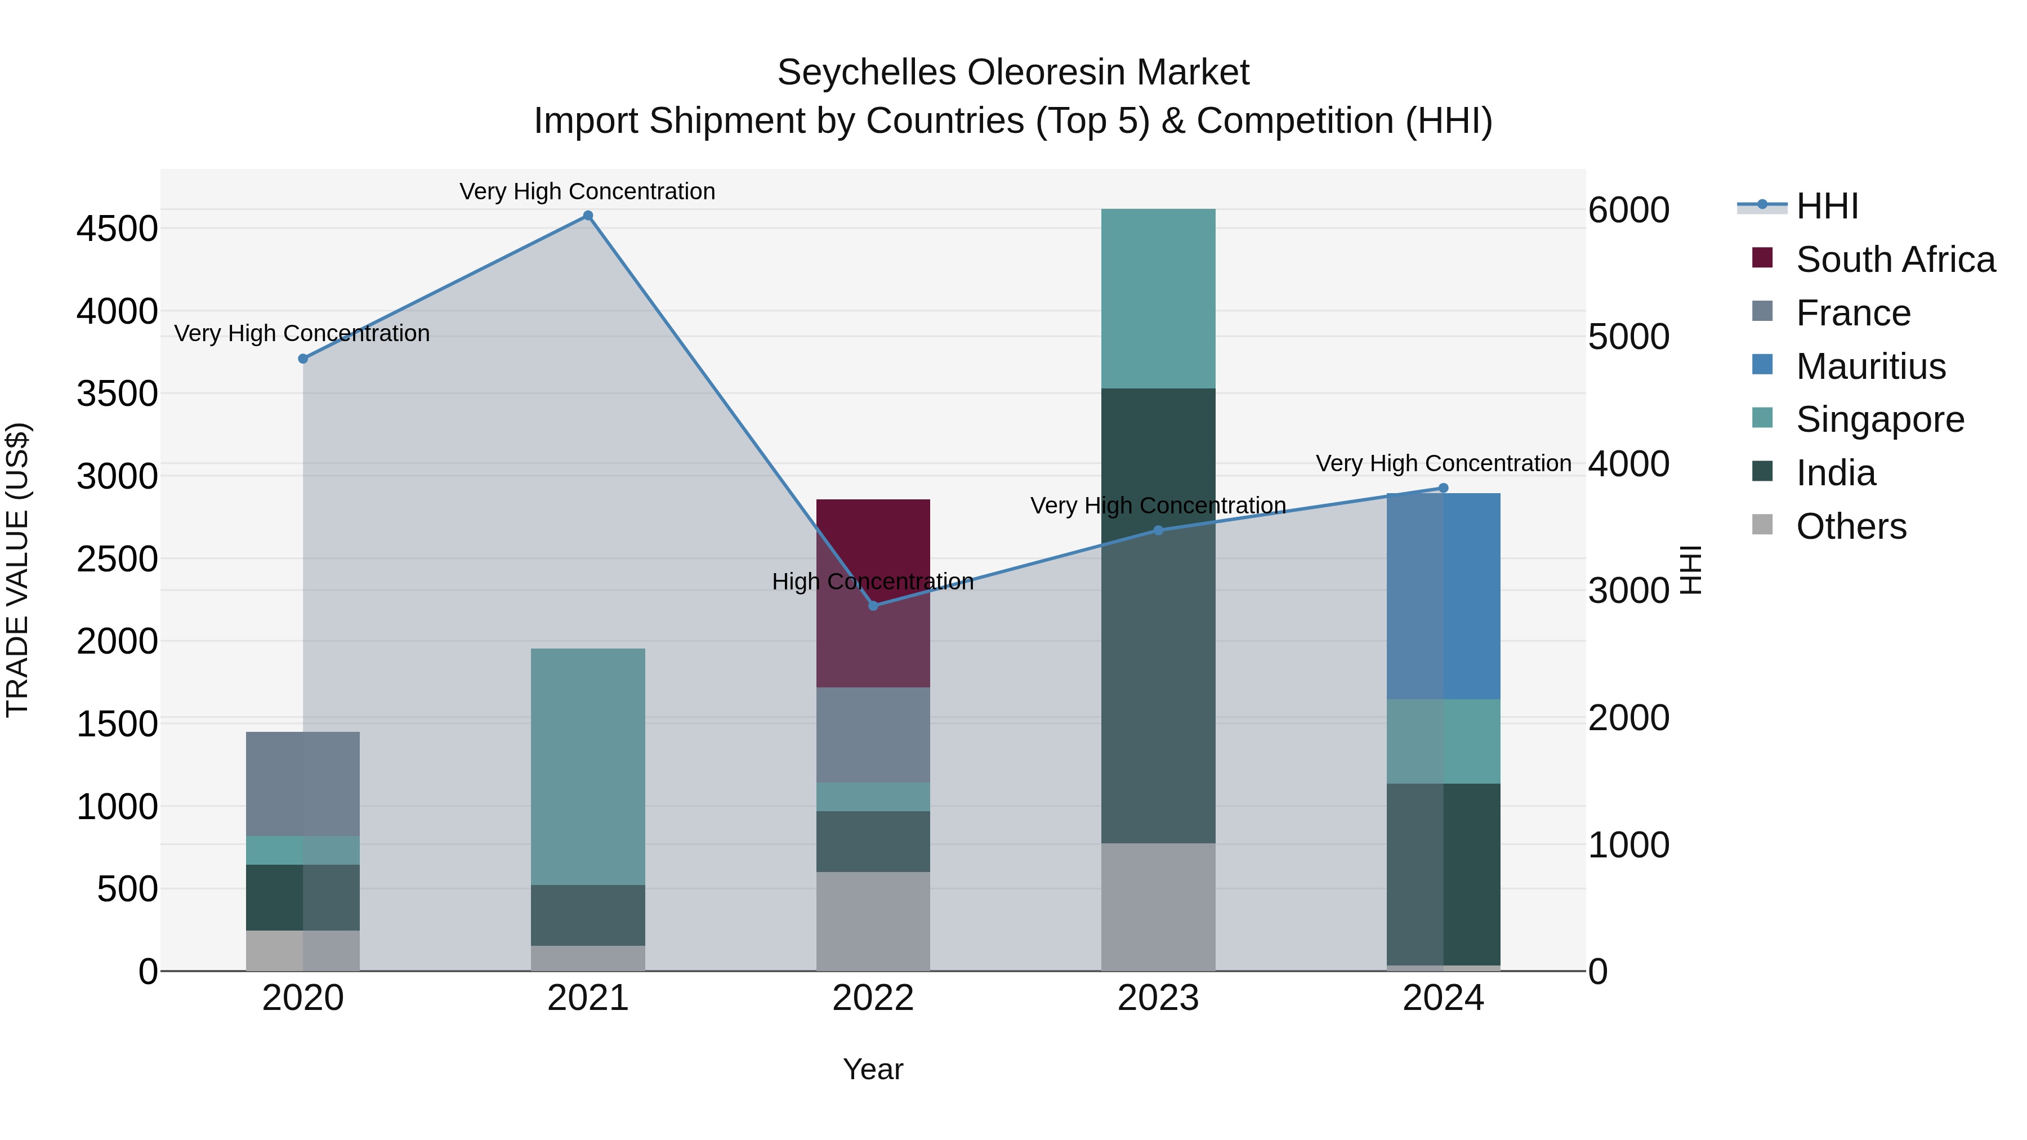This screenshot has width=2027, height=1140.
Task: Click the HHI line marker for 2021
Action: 588,216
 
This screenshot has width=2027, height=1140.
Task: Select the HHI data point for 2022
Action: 873,606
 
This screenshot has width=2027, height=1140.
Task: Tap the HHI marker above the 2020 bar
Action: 303,359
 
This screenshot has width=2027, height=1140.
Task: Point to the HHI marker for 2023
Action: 1158,530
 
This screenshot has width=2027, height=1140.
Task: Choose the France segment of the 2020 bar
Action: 303,784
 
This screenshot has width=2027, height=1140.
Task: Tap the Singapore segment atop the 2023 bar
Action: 1158,298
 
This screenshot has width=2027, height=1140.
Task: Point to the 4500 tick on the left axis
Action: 117,229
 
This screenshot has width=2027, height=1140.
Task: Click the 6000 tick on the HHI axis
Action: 1628,210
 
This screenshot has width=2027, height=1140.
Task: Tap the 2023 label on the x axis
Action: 1158,998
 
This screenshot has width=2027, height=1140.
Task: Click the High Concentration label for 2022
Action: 873,582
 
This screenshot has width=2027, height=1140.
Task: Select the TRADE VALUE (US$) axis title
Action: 17,570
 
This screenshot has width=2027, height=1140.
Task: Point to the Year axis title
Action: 873,1069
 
